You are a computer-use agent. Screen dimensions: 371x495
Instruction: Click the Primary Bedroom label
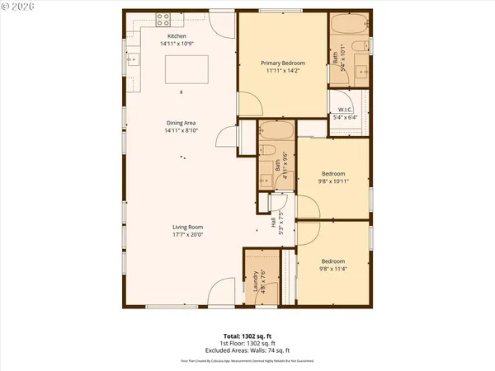283,63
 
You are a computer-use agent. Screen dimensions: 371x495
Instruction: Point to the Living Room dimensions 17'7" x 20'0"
187,234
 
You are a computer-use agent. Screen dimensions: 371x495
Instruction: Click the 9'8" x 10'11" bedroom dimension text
332,181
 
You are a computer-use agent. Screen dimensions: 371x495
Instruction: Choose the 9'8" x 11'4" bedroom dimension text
332,268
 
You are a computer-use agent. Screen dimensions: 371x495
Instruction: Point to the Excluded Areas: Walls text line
247,350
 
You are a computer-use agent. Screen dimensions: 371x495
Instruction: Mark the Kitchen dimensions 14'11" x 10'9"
177,43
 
